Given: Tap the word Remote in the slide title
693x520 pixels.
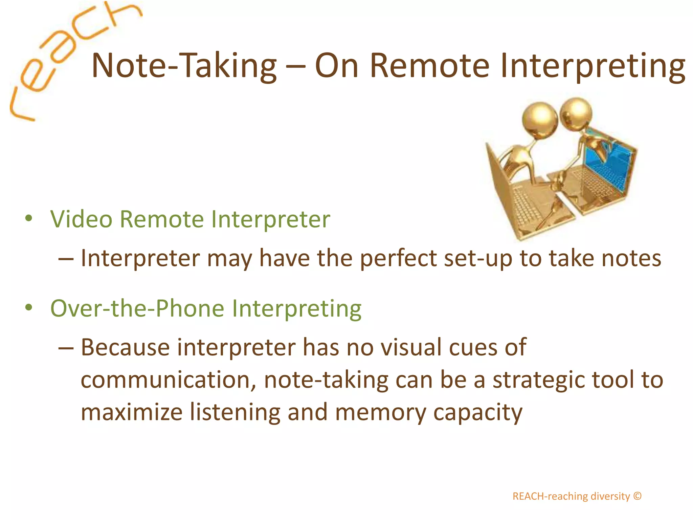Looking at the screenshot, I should click(430, 66).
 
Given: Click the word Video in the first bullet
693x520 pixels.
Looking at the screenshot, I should click(81, 219).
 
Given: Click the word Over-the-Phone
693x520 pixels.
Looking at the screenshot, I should click(137, 309).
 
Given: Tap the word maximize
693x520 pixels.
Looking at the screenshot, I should click(131, 412).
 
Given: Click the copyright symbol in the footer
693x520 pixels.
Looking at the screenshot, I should click(638, 496).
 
